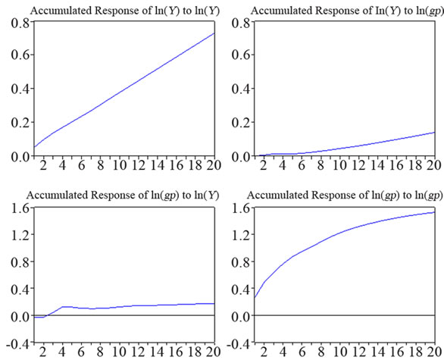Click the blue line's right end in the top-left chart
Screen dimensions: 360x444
[214, 33]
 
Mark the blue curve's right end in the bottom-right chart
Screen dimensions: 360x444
[435, 212]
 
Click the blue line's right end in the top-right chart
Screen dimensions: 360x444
[435, 132]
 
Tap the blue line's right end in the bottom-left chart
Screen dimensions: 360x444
[214, 303]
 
